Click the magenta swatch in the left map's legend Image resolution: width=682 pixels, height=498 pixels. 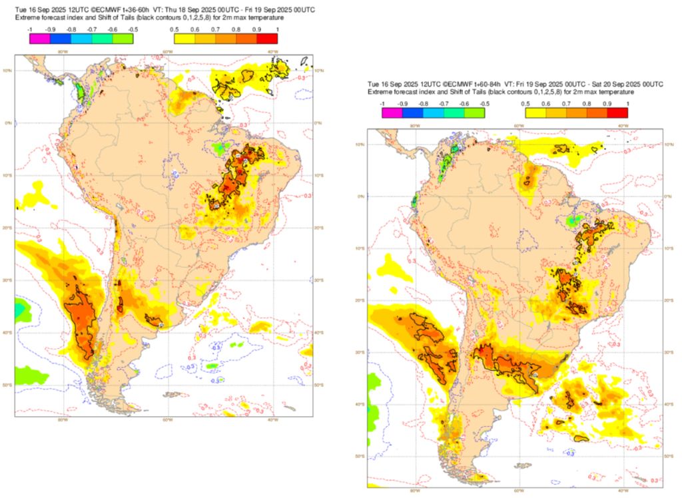[40, 39]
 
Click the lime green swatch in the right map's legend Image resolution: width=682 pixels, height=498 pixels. [475, 113]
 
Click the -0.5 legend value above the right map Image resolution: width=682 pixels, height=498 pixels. [485, 105]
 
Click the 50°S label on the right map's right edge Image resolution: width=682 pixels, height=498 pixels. [669, 456]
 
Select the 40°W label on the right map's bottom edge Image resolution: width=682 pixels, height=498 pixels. [622, 491]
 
